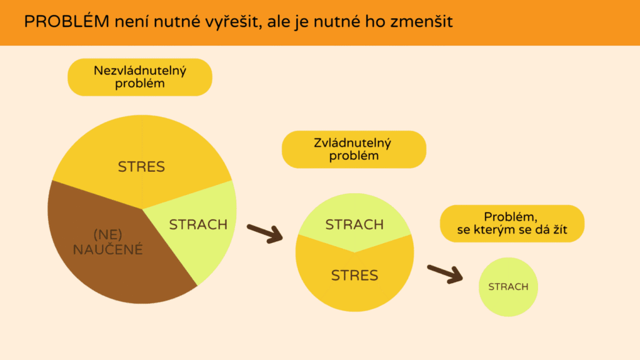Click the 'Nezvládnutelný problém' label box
[140, 77]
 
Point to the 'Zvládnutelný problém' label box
[354, 149]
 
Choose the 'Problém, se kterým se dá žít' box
[512, 224]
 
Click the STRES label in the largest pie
[141, 167]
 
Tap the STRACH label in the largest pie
[198, 224]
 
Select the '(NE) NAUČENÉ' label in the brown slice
[108, 242]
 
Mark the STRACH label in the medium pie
[354, 224]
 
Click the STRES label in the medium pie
[354, 275]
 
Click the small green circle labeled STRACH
[508, 287]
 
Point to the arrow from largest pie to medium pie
[265, 232]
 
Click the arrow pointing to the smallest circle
[445, 272]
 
